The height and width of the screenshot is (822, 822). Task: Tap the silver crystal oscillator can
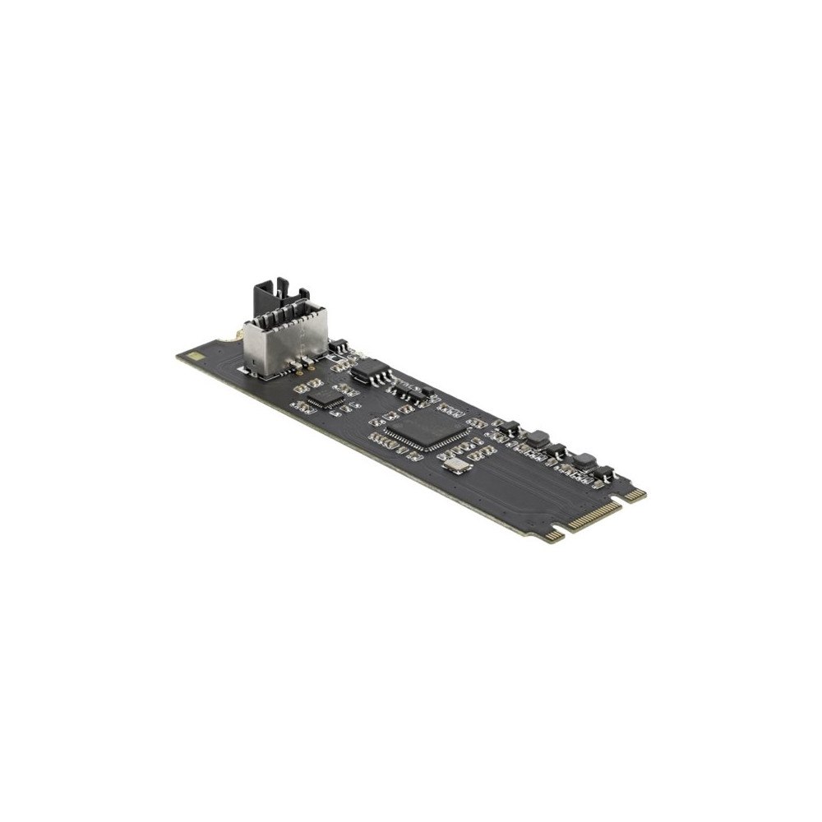451,469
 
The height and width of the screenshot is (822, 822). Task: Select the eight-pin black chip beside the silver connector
365,373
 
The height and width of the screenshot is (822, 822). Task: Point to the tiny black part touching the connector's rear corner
336,351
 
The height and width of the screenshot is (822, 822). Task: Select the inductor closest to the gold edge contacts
585,461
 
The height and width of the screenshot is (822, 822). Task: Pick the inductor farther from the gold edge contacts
538,436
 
